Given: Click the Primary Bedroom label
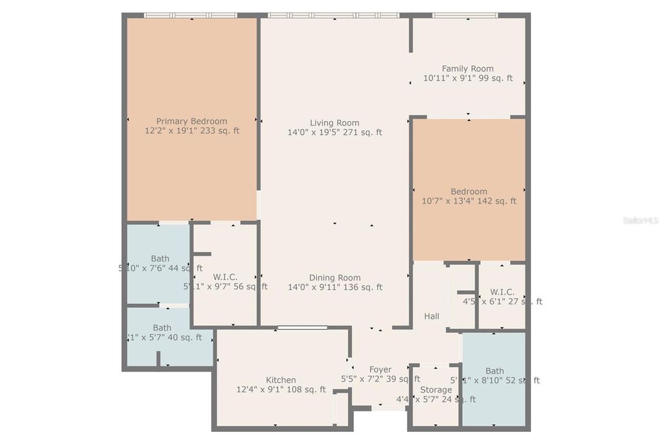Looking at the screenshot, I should click(191, 121).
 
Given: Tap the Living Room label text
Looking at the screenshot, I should click(335, 123).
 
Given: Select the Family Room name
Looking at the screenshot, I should click(467, 69).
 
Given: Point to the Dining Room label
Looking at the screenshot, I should click(335, 278).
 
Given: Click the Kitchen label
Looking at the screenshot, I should click(281, 380).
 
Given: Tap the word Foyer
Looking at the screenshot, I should click(380, 370).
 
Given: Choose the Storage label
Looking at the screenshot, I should click(436, 390).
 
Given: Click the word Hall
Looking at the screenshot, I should click(432, 316).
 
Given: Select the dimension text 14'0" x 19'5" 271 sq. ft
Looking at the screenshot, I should click(335, 133).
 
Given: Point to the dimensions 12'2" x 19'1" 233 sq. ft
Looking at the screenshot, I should click(191, 131).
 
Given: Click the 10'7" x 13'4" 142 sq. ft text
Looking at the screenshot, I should click(469, 201).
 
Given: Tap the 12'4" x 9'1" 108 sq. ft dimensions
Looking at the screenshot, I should click(281, 389).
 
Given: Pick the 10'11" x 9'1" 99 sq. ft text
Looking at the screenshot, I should click(467, 79).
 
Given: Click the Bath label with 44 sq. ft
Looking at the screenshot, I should click(160, 259).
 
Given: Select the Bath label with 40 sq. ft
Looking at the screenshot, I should click(162, 328).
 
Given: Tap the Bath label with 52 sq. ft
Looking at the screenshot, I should click(494, 371).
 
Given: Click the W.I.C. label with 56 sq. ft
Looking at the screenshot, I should click(225, 277).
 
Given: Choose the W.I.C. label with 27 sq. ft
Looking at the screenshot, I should click(501, 292).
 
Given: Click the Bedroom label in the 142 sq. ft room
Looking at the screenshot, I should click(469, 191).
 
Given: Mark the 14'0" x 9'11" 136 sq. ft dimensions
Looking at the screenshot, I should click(335, 288).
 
